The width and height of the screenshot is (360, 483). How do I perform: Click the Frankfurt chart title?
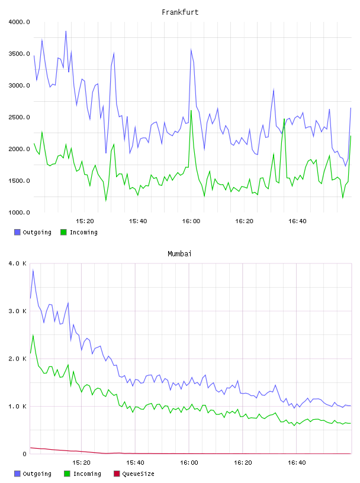[180, 12]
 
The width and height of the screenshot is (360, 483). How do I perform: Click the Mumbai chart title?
[179, 254]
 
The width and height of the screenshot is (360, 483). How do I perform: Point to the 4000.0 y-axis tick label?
[19, 22]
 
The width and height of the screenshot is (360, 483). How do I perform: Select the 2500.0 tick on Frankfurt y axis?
[19, 117]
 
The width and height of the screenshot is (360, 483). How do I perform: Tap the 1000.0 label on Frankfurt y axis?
[19, 212]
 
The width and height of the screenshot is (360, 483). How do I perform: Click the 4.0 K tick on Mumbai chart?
[18, 263]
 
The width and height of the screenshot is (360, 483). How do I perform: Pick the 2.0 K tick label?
[18, 359]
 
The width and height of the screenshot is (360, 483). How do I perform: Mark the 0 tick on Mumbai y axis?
[24, 454]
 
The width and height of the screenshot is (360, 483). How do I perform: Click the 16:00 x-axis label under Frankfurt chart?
[191, 221]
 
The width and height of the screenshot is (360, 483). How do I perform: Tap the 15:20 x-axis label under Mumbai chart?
[81, 463]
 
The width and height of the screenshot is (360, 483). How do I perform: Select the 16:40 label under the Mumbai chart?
[297, 463]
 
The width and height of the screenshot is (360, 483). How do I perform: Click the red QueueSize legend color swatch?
[117, 474]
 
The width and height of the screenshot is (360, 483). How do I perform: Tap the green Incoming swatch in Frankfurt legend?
[63, 232]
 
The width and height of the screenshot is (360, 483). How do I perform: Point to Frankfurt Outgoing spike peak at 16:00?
[191, 49]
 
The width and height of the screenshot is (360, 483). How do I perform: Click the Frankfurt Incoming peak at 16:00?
[191, 111]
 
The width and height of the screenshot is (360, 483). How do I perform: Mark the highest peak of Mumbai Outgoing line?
[33, 270]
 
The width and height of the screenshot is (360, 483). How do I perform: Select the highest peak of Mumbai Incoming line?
[33, 335]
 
